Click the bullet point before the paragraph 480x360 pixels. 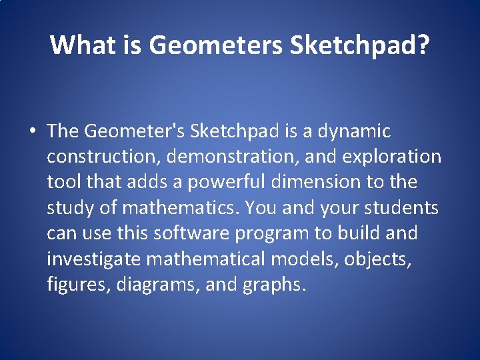[32, 131]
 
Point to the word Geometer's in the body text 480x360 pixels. [135, 131]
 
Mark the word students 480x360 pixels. [402, 208]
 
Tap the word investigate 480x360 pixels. [93, 259]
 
